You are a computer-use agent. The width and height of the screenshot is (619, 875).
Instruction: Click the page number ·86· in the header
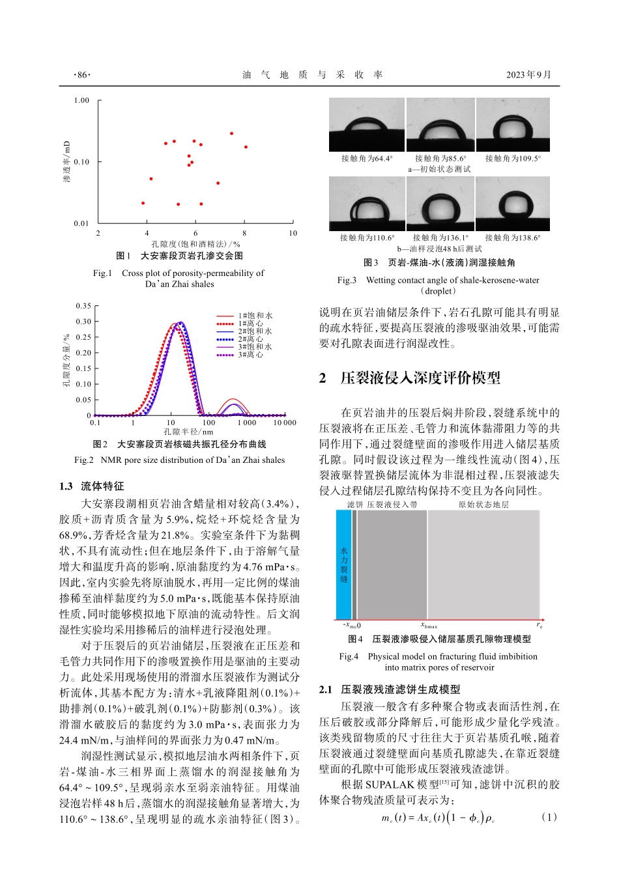click(x=82, y=75)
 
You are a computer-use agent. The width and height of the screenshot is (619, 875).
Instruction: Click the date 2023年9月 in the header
click(x=528, y=75)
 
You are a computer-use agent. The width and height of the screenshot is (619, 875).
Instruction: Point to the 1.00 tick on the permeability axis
click(x=81, y=100)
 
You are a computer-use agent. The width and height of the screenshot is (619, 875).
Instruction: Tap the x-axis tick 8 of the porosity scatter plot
click(x=244, y=233)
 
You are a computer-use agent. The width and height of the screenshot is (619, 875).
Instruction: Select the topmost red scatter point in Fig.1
click(x=231, y=133)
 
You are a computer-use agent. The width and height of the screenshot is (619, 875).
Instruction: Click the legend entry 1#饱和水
click(x=255, y=316)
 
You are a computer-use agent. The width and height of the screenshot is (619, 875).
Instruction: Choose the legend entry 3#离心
click(x=250, y=355)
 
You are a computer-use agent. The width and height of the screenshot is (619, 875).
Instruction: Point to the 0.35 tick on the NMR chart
click(x=83, y=306)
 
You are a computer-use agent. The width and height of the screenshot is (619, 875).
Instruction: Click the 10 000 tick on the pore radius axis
click(x=284, y=423)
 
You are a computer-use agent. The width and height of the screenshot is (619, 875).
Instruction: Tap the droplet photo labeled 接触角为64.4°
click(x=367, y=124)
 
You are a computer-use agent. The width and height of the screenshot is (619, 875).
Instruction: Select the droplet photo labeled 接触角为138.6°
click(x=513, y=204)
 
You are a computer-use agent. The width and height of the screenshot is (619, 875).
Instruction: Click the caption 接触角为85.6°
click(x=440, y=158)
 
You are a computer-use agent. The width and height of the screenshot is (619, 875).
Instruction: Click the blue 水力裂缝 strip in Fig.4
click(x=343, y=564)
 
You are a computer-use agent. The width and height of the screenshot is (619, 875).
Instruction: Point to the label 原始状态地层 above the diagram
click(x=483, y=505)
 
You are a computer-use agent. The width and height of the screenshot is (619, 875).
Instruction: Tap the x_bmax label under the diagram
click(x=429, y=626)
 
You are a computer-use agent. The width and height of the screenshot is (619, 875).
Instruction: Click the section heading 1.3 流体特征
click(x=91, y=486)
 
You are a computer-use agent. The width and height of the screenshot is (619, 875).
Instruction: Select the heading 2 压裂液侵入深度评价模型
click(x=410, y=378)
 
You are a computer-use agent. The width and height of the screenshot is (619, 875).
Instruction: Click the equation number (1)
click(x=549, y=817)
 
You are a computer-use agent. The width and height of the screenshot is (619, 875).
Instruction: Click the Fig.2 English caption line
click(x=179, y=460)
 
